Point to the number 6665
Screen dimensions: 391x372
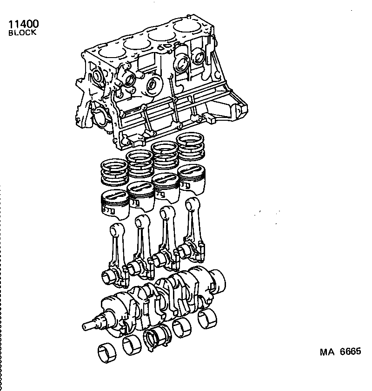click(x=350, y=352)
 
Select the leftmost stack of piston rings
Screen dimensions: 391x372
click(x=114, y=172)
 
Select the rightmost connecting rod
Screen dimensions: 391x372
click(x=193, y=228)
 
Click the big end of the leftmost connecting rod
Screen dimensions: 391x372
click(x=112, y=277)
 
